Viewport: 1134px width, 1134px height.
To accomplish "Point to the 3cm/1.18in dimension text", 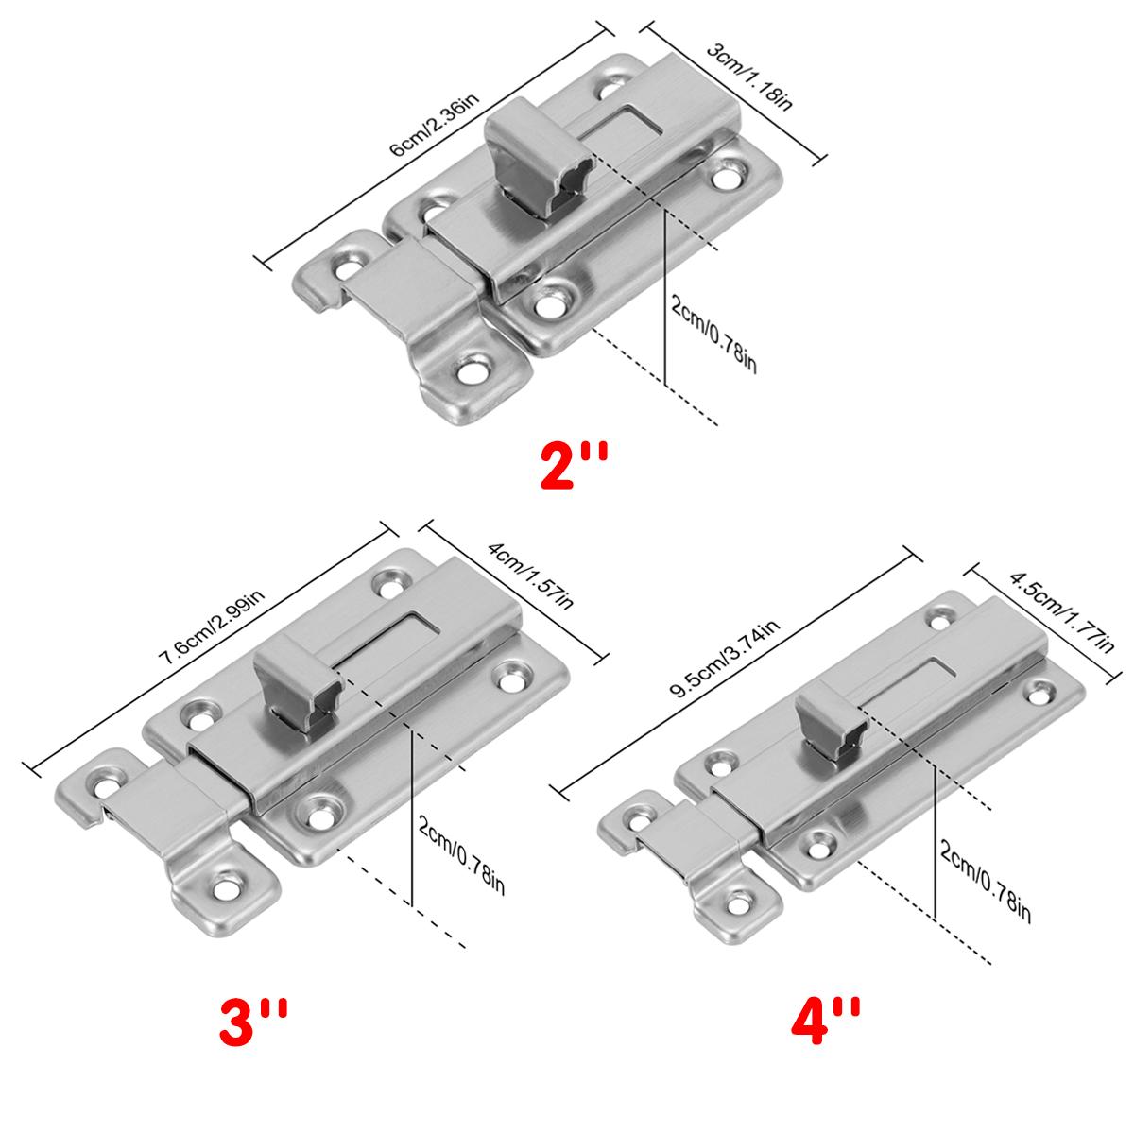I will click(x=750, y=76).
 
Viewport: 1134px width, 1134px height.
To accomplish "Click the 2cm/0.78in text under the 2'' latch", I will click(x=713, y=334).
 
